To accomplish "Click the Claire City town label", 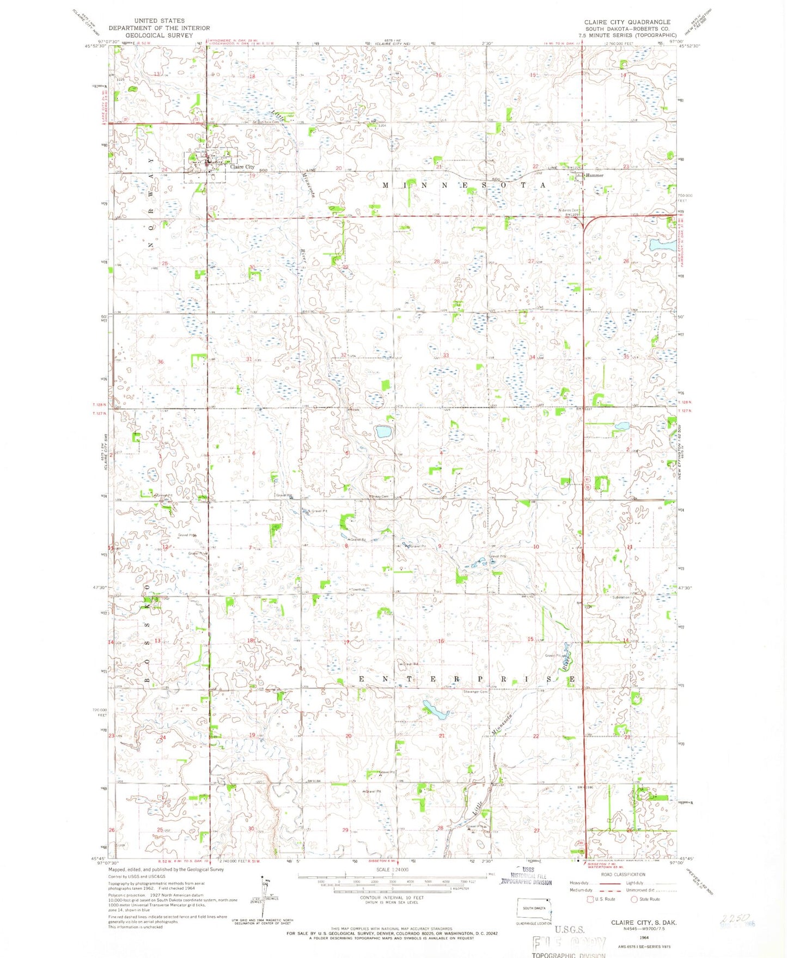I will pos(242,167).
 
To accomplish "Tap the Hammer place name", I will pos(594,176).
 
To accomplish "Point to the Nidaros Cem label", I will pos(567,211).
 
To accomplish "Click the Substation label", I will pos(621,597).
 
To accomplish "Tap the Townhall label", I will pos(357,589).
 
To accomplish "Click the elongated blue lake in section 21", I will pos(435,710).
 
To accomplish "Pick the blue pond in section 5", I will pos(383,432).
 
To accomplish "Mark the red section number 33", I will pos(446,356).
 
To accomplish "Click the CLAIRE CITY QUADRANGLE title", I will pos(627,22).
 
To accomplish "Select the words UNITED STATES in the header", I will pos(159,21).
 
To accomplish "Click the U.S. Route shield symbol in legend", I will pos(590,899).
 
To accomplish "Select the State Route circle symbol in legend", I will pos(634,899).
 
